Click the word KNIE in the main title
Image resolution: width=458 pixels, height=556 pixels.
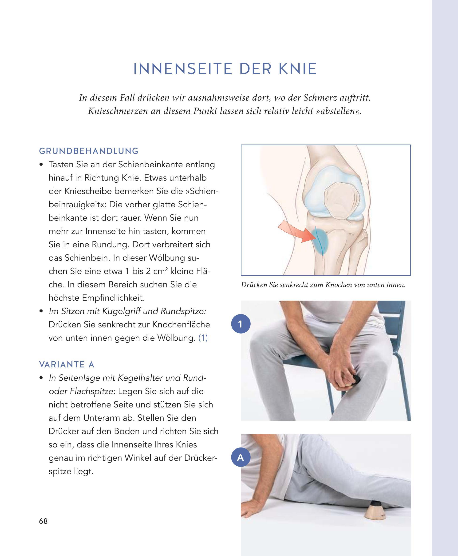298,69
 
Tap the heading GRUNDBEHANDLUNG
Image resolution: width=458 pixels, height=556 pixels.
89,151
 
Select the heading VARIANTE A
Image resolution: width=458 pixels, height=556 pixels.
67,364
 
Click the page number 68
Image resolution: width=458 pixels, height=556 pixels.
43,521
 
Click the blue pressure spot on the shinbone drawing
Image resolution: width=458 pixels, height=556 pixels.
320,241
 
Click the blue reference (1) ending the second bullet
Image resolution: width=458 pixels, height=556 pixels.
203,338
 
